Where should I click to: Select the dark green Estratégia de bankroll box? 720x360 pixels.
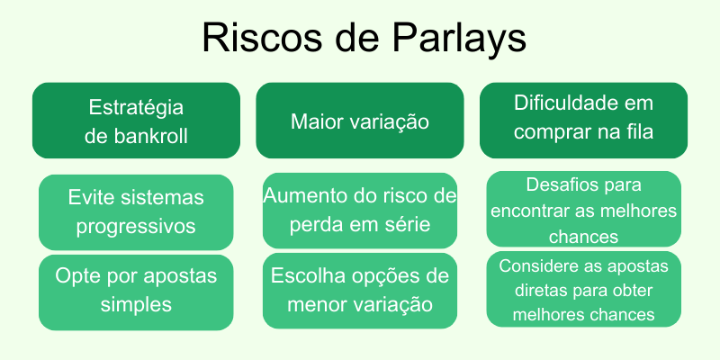[x=136, y=121]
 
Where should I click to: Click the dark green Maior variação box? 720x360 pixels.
[x=360, y=121]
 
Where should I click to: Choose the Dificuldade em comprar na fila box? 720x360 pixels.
[x=583, y=121]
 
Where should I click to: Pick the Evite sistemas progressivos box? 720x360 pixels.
[x=136, y=211]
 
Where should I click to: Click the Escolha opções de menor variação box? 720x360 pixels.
[x=360, y=290]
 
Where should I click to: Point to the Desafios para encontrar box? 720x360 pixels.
[x=583, y=210]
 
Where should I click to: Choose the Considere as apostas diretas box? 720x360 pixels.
[x=583, y=290]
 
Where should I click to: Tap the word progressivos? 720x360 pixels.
[x=136, y=227]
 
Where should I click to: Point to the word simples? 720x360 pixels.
[x=136, y=305]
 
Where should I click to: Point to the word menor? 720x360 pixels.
[x=316, y=304]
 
